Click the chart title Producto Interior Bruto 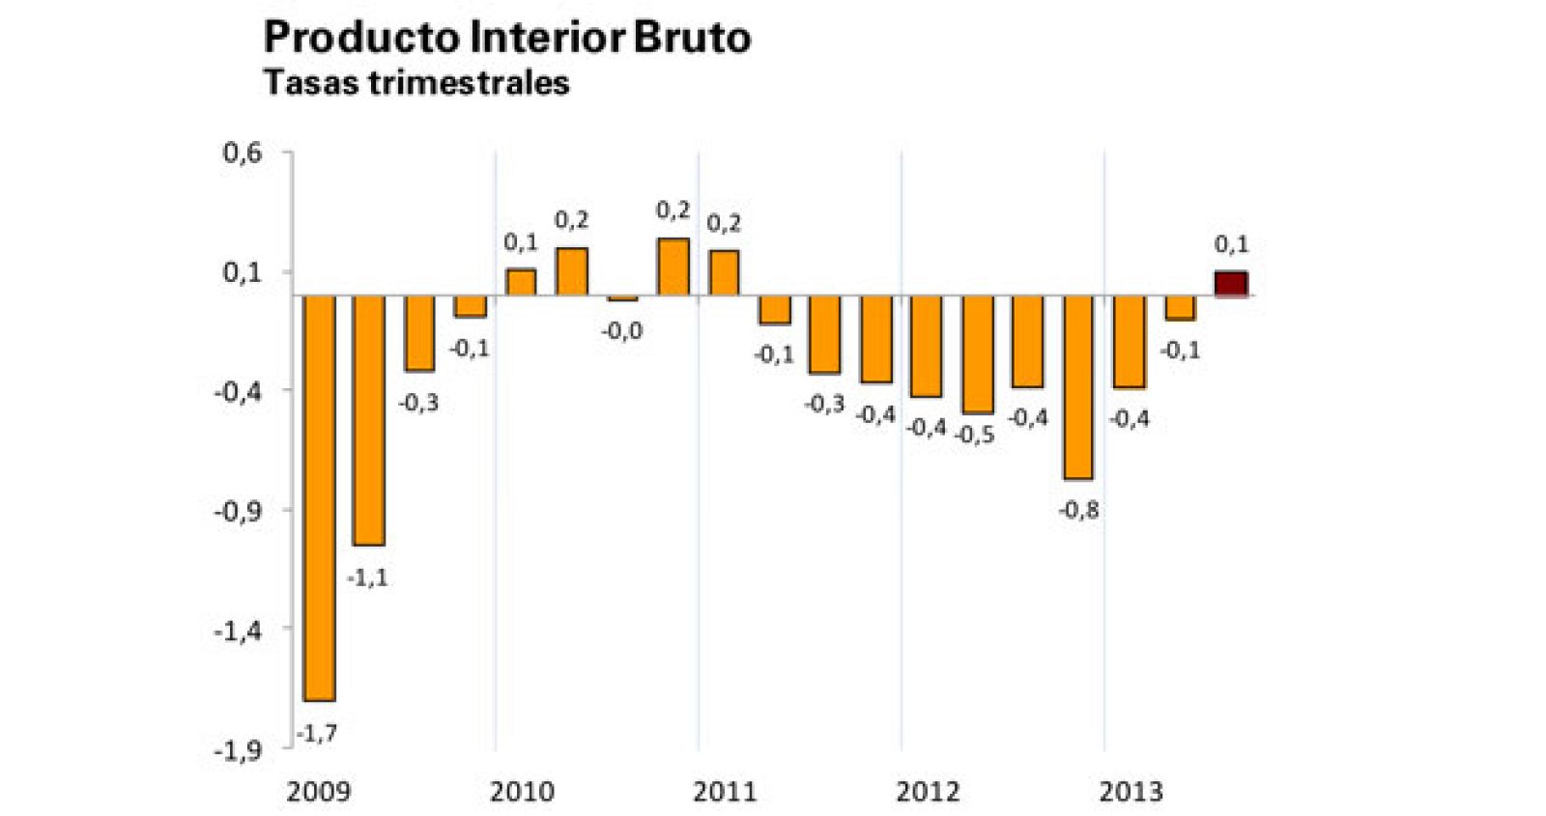506,38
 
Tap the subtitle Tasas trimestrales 416,83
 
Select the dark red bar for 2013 1230,284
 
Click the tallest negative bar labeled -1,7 319,497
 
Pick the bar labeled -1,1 369,420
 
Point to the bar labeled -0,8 1077,386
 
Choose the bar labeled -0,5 977,353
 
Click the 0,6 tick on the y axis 243,153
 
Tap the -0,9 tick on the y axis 238,511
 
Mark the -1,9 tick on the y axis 238,750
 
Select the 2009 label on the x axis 319,792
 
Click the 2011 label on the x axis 725,792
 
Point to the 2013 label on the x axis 1131,792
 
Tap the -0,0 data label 622,331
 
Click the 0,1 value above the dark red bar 1231,244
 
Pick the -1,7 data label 317,734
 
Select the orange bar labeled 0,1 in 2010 521,282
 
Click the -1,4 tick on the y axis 238,631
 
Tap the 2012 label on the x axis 928,792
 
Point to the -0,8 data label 1078,510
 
